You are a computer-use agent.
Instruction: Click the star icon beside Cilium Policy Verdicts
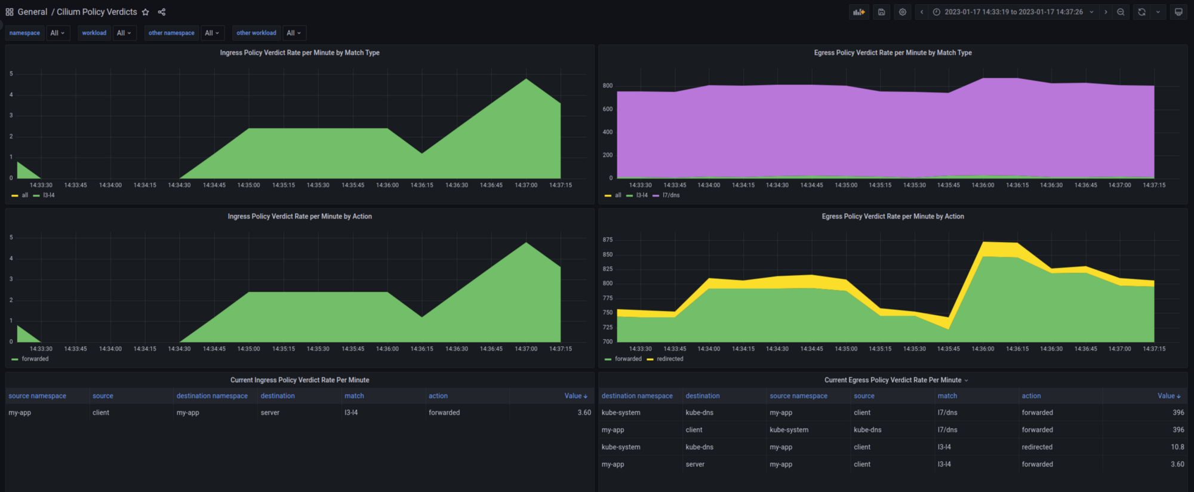coord(145,12)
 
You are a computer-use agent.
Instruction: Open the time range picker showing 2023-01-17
coord(1013,12)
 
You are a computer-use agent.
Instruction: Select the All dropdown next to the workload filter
coord(124,33)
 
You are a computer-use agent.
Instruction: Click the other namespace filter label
coord(171,33)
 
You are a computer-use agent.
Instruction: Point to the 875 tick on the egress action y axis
coord(607,240)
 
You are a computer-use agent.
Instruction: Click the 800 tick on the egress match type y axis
coord(607,86)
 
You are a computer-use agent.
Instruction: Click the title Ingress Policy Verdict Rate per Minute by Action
coord(300,216)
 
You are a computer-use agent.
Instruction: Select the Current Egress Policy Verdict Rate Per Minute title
coord(893,380)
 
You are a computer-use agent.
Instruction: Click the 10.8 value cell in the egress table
coord(1177,447)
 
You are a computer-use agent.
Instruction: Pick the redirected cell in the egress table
coord(1037,447)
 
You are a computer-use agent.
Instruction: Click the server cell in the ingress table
coord(270,413)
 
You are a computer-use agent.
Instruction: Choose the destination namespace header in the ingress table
coord(212,396)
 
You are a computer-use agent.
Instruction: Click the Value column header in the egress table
coord(1169,396)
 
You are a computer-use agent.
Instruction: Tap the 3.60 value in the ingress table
coord(584,413)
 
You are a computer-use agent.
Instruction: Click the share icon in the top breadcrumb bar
coord(162,12)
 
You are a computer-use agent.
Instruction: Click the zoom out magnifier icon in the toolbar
coord(1121,12)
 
